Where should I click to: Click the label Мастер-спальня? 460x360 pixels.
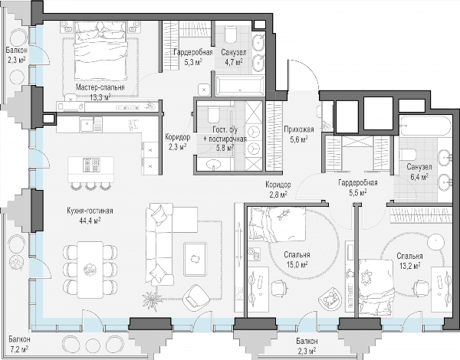100,87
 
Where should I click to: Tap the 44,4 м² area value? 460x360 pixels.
90,221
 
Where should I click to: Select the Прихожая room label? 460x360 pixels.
299,129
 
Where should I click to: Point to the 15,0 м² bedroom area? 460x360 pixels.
297,265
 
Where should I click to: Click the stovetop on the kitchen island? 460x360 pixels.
91,165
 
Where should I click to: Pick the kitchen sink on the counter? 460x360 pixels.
87,124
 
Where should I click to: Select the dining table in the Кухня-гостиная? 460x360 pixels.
90,270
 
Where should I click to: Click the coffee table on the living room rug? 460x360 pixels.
195,259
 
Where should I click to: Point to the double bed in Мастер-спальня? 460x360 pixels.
100,51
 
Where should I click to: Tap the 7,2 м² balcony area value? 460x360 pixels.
19,349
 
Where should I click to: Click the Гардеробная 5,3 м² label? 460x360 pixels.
193,57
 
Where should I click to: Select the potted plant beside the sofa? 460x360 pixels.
151,301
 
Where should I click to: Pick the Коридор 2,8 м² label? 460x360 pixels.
278,189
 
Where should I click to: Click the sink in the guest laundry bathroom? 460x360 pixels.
215,164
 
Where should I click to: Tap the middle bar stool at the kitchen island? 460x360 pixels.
91,186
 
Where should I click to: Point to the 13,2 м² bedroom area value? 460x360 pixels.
409,266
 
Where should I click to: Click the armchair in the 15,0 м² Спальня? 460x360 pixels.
330,298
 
